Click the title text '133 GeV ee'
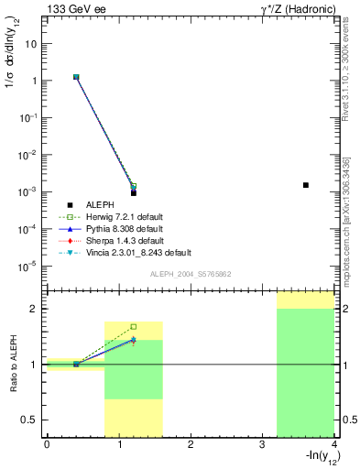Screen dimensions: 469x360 [x=71, y=8]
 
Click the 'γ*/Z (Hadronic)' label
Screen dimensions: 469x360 [x=291, y=8]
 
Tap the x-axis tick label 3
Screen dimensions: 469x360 [x=262, y=444]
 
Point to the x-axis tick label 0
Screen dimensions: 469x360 [x=47, y=444]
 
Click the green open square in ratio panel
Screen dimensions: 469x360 [x=134, y=326]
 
